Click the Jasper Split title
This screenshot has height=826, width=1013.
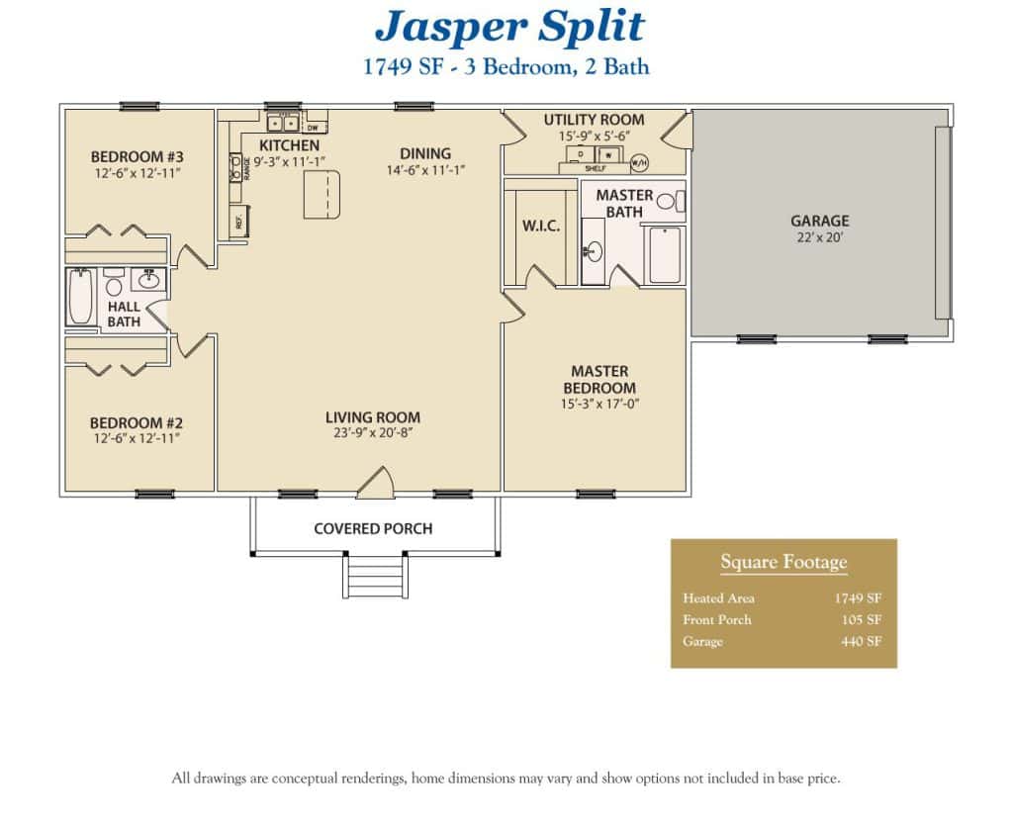pos(509,28)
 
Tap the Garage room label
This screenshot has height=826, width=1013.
pos(819,222)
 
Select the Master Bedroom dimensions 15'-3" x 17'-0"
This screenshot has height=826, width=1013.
pos(599,404)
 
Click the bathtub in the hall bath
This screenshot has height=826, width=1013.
pos(80,298)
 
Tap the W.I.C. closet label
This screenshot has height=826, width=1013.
pos(541,227)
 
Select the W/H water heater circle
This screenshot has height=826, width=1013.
pos(639,161)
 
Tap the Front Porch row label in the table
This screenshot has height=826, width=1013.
pos(717,620)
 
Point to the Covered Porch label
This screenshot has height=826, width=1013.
pos(373,528)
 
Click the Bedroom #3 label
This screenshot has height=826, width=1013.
pos(138,156)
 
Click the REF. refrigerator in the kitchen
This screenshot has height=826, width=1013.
pos(238,222)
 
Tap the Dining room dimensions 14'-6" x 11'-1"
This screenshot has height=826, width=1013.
pos(425,170)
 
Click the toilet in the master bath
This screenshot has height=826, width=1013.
pos(666,202)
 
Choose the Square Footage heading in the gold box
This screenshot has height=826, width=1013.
pos(783,563)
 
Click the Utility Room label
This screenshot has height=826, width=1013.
pos(594,120)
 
